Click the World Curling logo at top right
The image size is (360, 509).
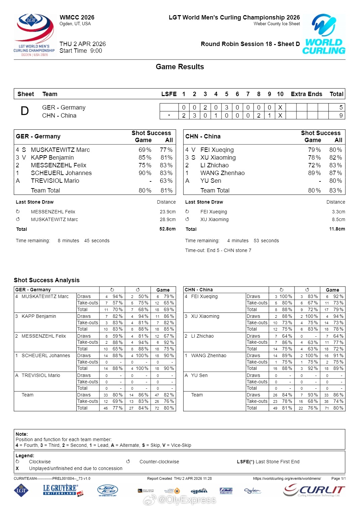(x=324, y=34)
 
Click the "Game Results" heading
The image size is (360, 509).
(x=180, y=67)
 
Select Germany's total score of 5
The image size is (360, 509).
(x=341, y=108)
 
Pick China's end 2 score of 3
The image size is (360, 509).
(x=194, y=116)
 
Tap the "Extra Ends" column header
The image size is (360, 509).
(x=306, y=94)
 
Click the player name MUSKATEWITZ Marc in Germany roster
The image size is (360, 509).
(x=60, y=150)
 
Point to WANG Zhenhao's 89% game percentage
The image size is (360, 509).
(x=314, y=173)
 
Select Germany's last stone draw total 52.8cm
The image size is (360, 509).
(x=167, y=229)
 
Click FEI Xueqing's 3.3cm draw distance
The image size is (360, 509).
(x=338, y=212)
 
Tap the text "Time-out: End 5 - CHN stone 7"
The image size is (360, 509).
(x=218, y=250)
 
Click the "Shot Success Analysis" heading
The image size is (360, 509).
(x=47, y=280)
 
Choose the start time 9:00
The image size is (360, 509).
(x=96, y=51)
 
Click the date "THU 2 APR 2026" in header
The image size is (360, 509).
(x=83, y=44)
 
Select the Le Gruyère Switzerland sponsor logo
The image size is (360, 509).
(x=63, y=490)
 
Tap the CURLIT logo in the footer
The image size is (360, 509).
(x=314, y=491)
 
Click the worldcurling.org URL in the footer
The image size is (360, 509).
(x=287, y=478)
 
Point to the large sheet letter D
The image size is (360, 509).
(x=25, y=111)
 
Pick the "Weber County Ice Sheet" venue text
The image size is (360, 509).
(x=277, y=24)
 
